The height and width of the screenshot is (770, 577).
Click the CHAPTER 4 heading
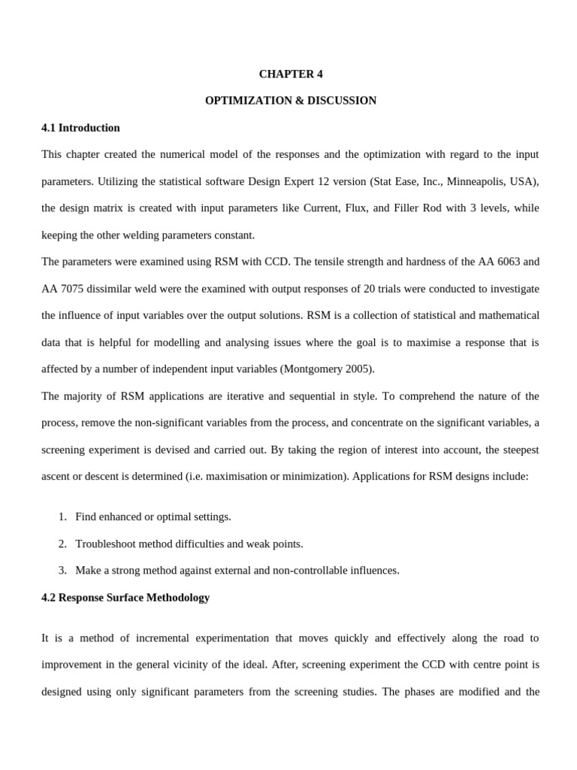point(291,74)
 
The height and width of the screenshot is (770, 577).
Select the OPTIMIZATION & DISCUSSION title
point(291,101)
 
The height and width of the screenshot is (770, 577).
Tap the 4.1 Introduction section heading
point(80,128)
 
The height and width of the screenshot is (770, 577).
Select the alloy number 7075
point(75,289)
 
